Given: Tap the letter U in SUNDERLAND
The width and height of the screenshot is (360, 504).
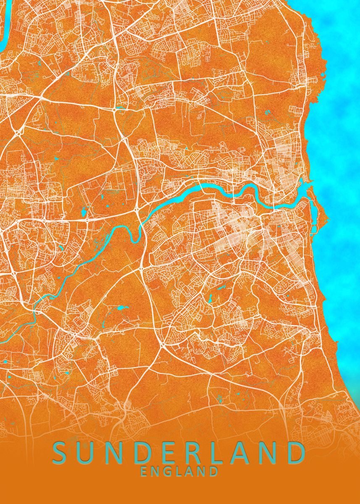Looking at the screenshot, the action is (86, 453).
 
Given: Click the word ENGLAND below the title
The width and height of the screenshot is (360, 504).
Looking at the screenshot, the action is (179, 471).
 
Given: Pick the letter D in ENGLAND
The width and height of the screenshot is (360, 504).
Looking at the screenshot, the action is (213, 471).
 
